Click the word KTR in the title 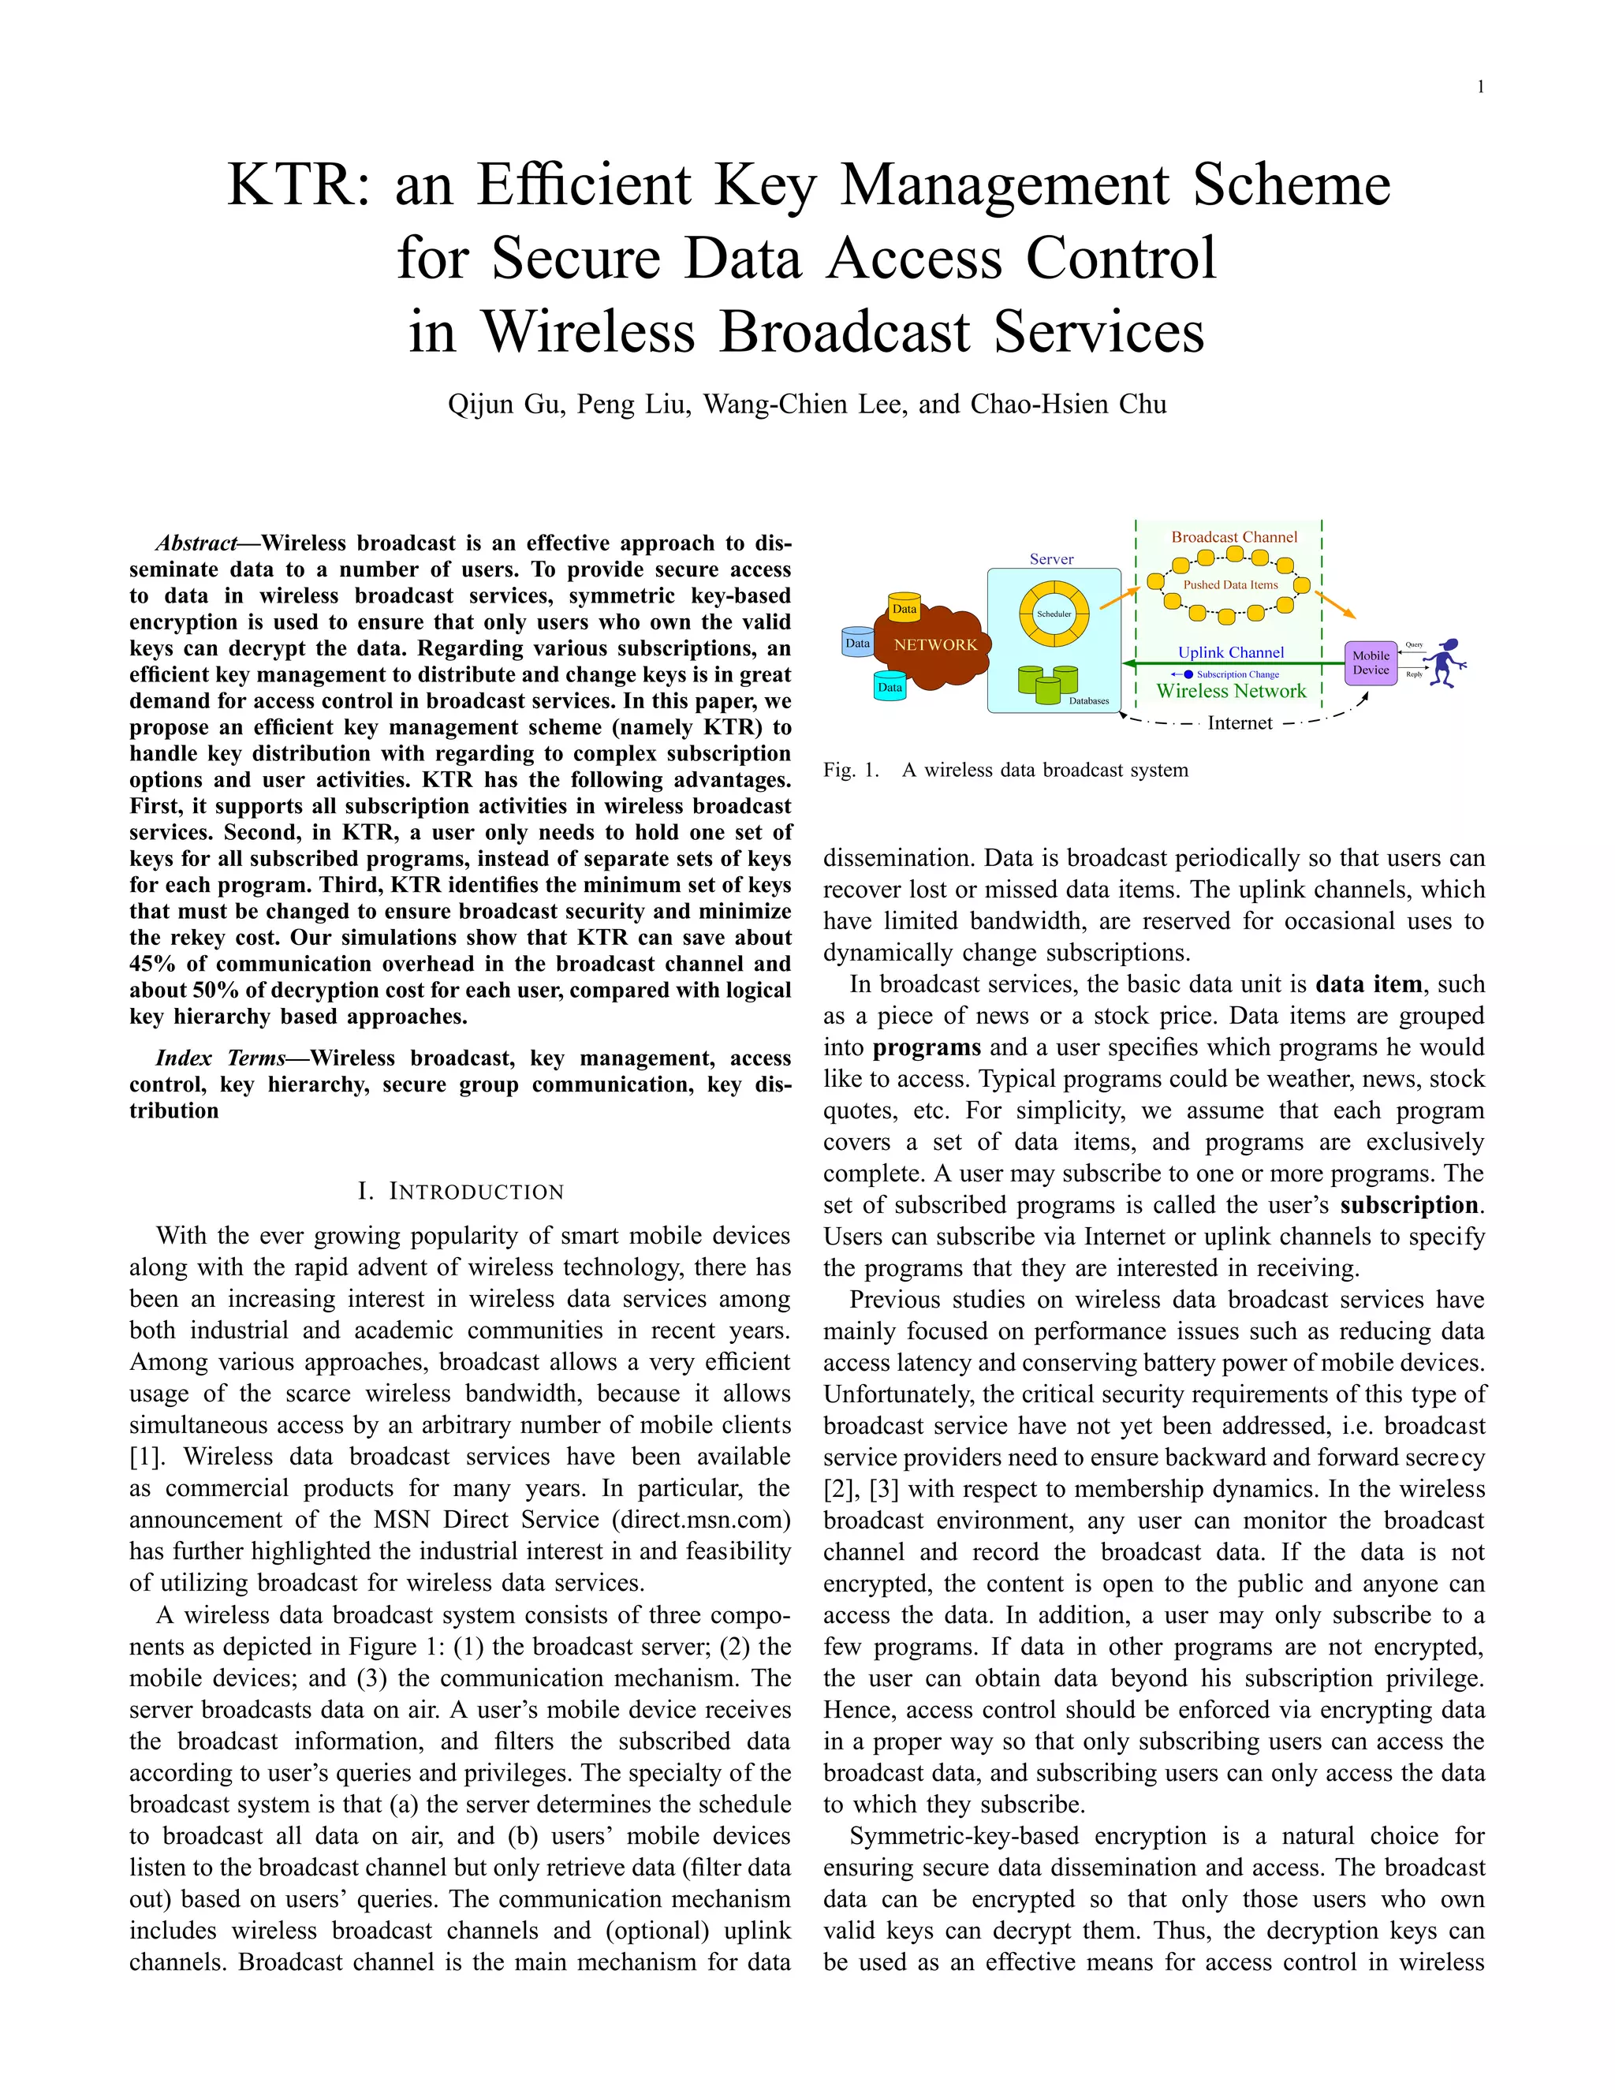pyautogui.click(x=291, y=185)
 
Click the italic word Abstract pyautogui.click(x=196, y=543)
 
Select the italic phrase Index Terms pyautogui.click(x=220, y=1058)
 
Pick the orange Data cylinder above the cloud pyautogui.click(x=904, y=609)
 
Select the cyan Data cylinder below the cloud pyautogui.click(x=890, y=687)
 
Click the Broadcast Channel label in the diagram pyautogui.click(x=1234, y=538)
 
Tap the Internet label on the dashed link pyautogui.click(x=1240, y=723)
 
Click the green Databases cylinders pyautogui.click(x=1048, y=681)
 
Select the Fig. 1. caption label pyautogui.click(x=851, y=771)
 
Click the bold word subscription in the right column pyautogui.click(x=1409, y=1205)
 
